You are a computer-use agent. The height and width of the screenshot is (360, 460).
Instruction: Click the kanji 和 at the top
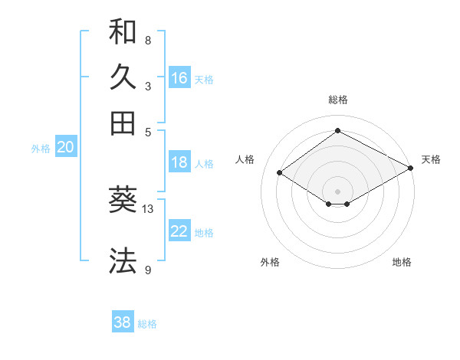coord(123,32)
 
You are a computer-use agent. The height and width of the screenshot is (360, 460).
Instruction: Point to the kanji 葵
coord(123,201)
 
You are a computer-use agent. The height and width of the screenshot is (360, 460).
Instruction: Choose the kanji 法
coord(123,260)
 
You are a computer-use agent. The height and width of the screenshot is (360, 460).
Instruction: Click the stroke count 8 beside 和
coord(148,40)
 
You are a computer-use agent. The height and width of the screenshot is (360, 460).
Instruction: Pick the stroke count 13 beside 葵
coord(149,208)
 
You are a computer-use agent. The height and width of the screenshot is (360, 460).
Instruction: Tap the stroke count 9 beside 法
coord(148,269)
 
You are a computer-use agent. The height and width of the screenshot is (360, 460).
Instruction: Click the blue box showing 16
coord(179,78)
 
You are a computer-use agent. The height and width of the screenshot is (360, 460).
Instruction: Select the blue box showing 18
coord(179,162)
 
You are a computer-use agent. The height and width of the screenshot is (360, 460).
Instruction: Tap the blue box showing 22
coord(179,231)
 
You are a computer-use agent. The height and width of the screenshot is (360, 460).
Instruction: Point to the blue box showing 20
coord(65,148)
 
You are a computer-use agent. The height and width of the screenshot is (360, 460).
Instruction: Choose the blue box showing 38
coord(123,322)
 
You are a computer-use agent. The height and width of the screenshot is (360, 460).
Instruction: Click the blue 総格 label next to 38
coord(147,324)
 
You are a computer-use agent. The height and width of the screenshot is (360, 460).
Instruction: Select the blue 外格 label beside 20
coord(41,149)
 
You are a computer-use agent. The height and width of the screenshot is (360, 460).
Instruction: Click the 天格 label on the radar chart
coord(431,159)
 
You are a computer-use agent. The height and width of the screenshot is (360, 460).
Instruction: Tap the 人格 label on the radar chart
coord(245,159)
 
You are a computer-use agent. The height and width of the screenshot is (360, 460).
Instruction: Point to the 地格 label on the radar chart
coord(402,262)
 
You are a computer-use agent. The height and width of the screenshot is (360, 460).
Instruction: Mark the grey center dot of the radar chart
coord(337,191)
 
